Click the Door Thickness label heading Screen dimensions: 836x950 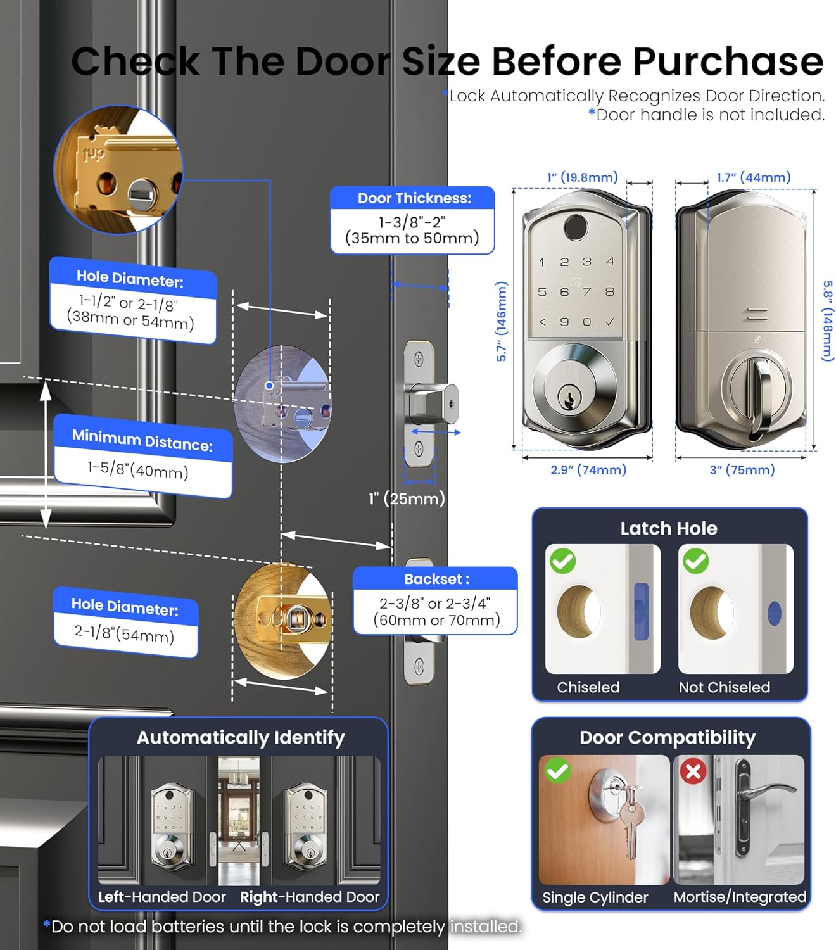point(414,198)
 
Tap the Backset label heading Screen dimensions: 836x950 point(437,579)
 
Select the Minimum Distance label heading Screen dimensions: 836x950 point(142,440)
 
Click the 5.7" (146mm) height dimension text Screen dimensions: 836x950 point(501,322)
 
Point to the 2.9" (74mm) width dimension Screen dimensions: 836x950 point(588,470)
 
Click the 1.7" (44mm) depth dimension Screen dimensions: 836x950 point(754,177)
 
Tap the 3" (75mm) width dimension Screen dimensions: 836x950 point(742,470)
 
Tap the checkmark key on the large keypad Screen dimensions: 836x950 point(609,322)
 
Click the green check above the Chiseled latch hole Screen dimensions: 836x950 point(562,560)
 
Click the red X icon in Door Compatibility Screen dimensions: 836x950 point(693,771)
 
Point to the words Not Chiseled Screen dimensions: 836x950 point(725,687)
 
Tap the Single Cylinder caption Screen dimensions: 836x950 point(595,897)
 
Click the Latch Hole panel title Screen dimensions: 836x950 point(669,528)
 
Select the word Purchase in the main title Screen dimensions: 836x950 point(728,61)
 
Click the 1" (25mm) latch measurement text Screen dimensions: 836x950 point(407,498)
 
